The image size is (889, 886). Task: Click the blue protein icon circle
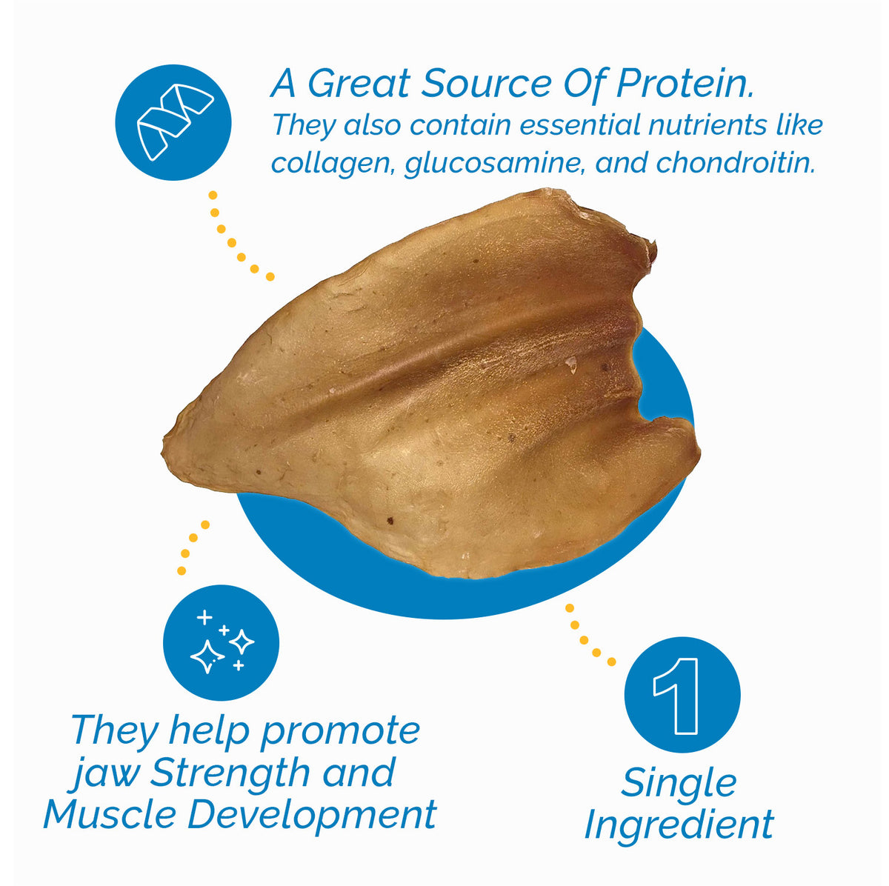[x=173, y=123]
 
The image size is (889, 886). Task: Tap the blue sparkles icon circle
[x=221, y=642]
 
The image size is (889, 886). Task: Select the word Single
[x=679, y=782]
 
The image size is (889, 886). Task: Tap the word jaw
[x=106, y=773]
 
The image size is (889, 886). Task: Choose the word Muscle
[x=110, y=814]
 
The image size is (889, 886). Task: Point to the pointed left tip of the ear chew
[x=167, y=447]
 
